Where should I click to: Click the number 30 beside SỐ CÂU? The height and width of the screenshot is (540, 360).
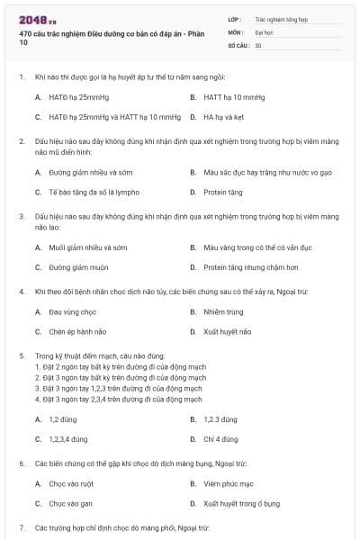258,44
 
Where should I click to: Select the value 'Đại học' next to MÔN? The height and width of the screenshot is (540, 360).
262,31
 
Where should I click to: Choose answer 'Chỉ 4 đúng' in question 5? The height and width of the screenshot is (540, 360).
221,439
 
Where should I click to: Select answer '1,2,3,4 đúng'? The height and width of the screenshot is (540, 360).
68,439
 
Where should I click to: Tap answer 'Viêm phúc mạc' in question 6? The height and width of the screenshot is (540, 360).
228,483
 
